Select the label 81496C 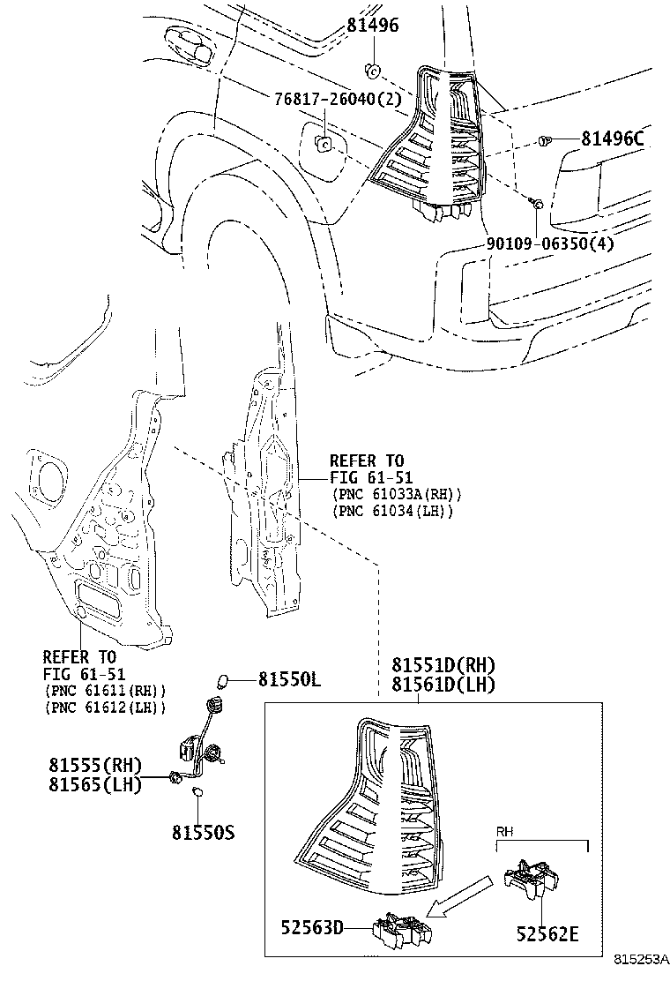coord(612,139)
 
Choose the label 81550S coord(203,832)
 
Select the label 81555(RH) coord(95,765)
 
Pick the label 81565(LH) coord(95,784)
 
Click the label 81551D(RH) coord(443,665)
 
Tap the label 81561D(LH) coord(443,684)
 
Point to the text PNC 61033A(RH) coord(397,495)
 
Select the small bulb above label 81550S coord(198,794)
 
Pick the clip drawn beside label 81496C coord(545,139)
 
